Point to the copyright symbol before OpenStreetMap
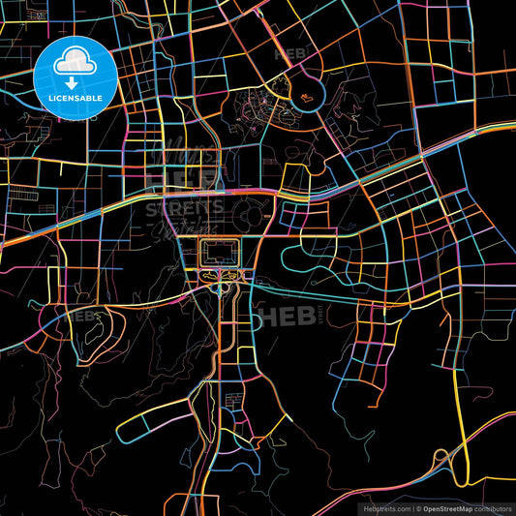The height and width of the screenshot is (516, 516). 417,507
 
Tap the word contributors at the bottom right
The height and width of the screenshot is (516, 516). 493,507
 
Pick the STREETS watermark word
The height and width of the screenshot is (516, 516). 184,206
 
